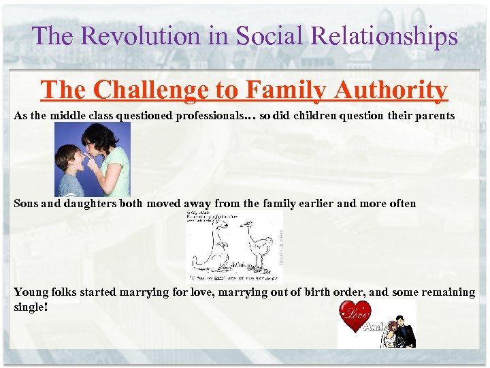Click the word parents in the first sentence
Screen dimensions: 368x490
click(431, 116)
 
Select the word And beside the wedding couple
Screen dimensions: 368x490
click(374, 326)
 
